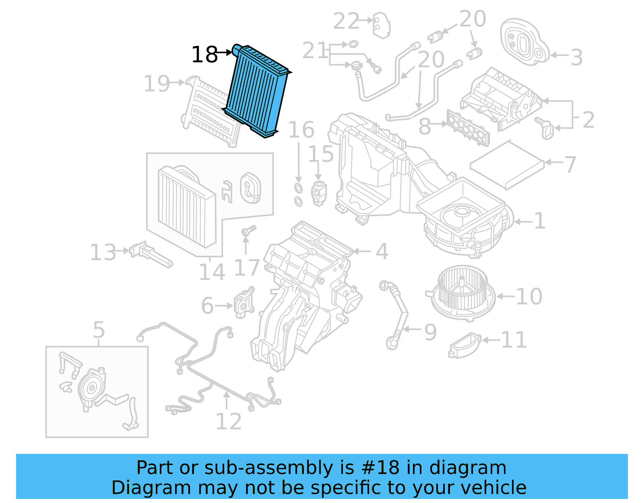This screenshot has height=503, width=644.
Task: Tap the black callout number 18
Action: click(x=204, y=55)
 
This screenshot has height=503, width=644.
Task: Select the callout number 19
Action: click(x=157, y=84)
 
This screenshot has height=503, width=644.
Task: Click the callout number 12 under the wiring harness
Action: click(x=229, y=422)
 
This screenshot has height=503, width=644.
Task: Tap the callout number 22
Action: click(x=346, y=21)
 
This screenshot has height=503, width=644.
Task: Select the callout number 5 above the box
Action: click(x=99, y=330)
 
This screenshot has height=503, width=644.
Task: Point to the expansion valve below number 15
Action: click(x=319, y=193)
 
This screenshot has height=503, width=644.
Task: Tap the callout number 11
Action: click(x=514, y=340)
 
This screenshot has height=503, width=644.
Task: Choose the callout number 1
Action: click(x=539, y=221)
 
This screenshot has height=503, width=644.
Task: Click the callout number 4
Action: click(x=382, y=252)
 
